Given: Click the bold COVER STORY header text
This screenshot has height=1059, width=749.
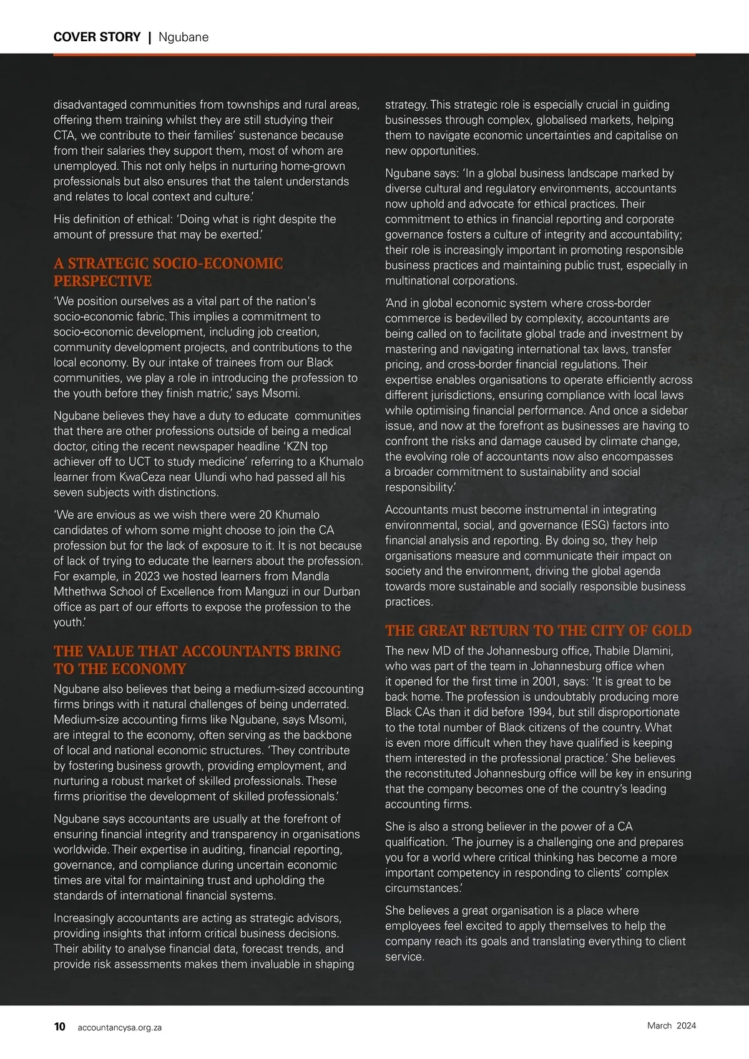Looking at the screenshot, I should tap(97, 37).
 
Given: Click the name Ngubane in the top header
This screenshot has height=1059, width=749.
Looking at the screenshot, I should tap(184, 37).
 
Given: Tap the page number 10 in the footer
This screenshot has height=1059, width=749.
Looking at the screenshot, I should tap(60, 1027).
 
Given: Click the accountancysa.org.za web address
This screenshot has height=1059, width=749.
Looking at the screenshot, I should tap(119, 1027).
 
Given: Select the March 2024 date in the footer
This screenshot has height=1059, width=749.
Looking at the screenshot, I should tap(671, 1025).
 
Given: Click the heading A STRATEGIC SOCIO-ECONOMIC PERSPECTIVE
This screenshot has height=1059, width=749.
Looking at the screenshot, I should tap(168, 272).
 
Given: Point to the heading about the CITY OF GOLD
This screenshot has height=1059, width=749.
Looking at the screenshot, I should tap(538, 631).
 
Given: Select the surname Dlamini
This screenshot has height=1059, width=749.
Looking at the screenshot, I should tap(651, 651).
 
